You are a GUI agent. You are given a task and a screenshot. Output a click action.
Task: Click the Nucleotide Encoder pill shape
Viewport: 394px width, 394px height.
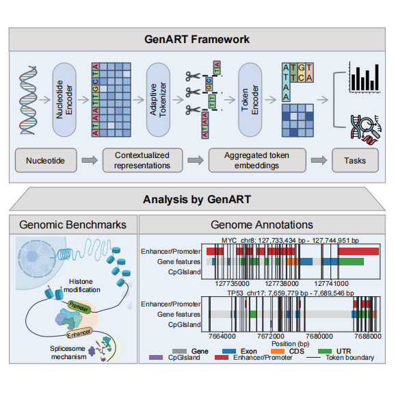(64, 100)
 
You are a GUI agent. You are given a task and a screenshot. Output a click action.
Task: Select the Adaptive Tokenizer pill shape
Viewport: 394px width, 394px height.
(158, 100)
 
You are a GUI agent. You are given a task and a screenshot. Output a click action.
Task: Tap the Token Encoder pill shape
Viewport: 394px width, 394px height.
(250, 100)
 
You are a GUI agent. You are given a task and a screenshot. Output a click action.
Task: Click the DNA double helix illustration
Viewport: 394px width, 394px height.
(28, 100)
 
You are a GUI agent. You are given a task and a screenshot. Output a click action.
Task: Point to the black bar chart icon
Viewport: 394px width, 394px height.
(365, 77)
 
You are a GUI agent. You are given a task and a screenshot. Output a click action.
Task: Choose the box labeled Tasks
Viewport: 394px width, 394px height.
(355, 160)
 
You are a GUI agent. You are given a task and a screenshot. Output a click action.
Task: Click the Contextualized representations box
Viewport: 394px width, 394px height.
(142, 160)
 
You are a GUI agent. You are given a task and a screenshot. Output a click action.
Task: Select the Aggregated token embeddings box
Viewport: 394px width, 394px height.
(257, 160)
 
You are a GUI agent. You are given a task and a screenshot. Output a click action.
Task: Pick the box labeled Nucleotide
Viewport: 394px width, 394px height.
(46, 160)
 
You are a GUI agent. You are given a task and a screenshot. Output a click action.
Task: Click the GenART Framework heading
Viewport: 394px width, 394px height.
(197, 40)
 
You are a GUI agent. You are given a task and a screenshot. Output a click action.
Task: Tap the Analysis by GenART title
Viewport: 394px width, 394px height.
(197, 200)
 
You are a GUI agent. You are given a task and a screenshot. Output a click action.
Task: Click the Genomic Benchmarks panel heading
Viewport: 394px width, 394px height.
(73, 224)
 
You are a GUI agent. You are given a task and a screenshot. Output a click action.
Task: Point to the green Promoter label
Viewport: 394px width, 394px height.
(79, 306)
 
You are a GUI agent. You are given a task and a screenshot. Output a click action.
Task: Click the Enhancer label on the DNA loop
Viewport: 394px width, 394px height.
(79, 333)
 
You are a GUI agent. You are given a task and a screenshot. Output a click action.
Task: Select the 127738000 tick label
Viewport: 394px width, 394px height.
(282, 284)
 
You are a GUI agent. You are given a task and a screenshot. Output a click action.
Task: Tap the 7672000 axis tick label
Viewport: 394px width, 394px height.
(271, 337)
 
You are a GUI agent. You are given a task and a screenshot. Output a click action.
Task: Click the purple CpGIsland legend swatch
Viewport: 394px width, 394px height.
(156, 357)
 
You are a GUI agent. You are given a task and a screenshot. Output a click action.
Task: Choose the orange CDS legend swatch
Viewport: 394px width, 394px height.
(278, 351)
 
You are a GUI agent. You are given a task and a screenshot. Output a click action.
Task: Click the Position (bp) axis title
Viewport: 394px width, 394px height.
(291, 344)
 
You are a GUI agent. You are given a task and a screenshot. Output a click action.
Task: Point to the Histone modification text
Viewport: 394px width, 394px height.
(81, 286)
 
